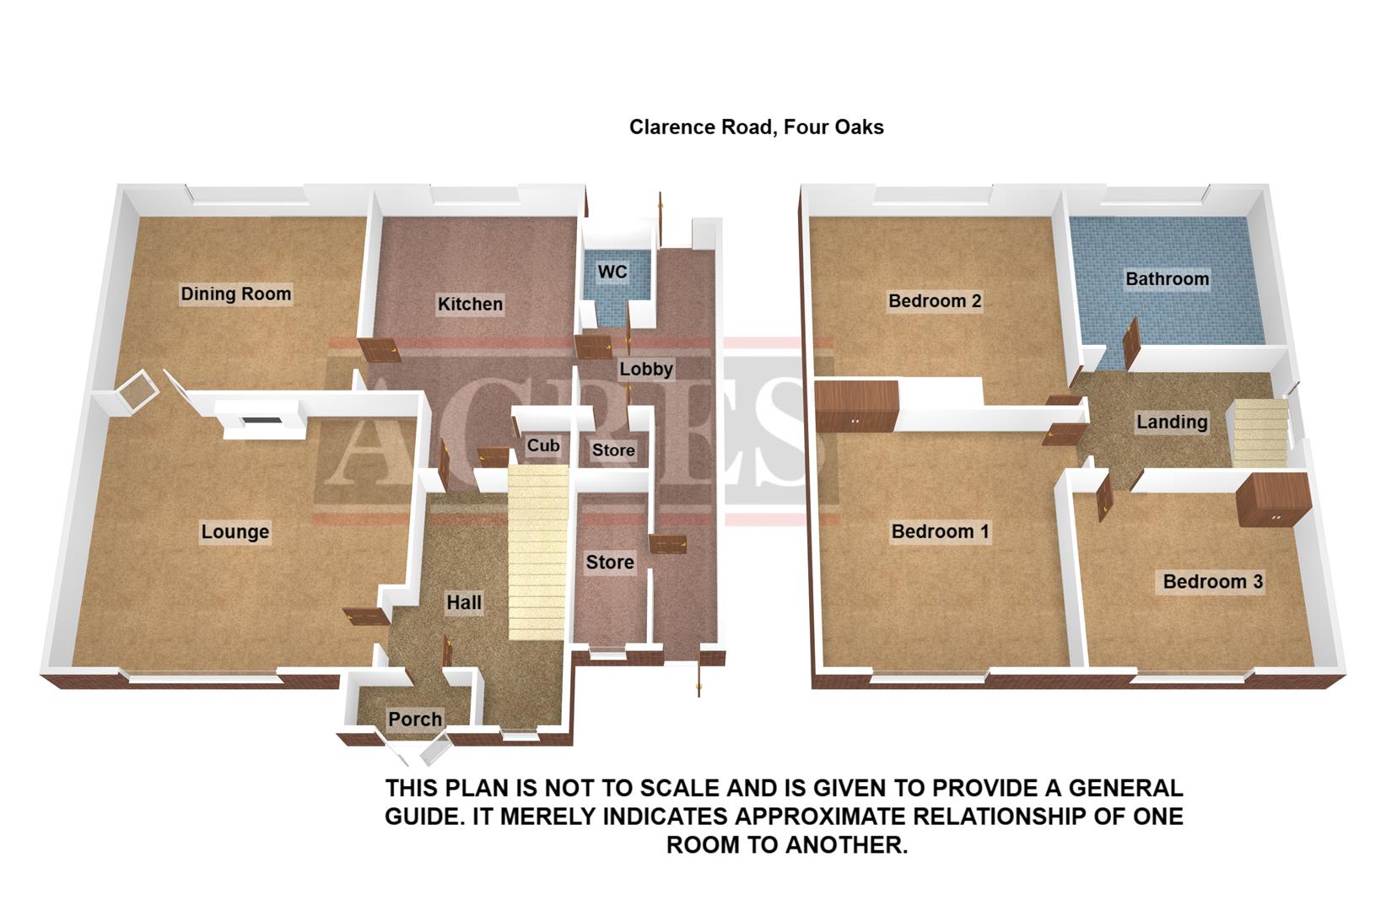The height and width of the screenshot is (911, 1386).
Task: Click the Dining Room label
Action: [x=235, y=294]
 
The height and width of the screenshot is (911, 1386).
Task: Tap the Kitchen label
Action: [x=470, y=305]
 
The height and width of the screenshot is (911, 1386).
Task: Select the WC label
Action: [x=612, y=272]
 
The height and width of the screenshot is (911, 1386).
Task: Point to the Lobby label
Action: [x=646, y=369]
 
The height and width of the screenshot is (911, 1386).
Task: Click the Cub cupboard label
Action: [x=543, y=445]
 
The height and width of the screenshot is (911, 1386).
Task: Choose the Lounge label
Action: [x=235, y=532]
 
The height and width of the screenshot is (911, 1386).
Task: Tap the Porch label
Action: [x=415, y=720]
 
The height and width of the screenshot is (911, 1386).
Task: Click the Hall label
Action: [x=464, y=602]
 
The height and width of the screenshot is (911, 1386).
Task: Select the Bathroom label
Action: [x=1167, y=279]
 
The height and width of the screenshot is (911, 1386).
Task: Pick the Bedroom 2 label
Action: [x=935, y=301]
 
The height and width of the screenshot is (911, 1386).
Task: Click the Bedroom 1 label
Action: [x=940, y=531]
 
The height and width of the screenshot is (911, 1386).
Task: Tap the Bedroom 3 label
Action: [x=1212, y=582]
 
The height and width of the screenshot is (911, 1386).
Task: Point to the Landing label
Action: [x=1172, y=422]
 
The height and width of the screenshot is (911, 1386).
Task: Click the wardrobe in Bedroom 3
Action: [x=1274, y=501]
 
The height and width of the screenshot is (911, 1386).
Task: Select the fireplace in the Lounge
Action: [x=261, y=419]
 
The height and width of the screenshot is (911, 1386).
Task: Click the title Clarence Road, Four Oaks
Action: [x=756, y=127]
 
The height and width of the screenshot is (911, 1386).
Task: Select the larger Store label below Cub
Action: [x=610, y=563]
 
